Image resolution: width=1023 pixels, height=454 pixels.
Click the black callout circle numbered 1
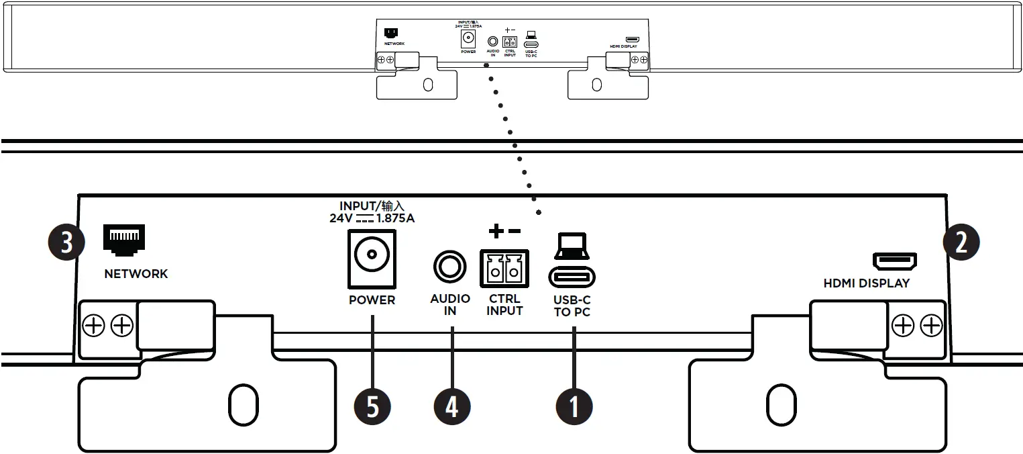(x=574, y=406)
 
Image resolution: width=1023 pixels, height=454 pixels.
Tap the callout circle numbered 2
(x=961, y=242)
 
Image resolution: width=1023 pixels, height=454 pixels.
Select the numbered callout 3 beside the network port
(x=66, y=242)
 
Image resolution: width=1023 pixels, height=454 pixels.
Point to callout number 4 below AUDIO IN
(x=451, y=406)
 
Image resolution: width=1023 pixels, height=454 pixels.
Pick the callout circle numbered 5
(x=372, y=406)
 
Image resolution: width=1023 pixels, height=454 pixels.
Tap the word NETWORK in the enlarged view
(x=136, y=274)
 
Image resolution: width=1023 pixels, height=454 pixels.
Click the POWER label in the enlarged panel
(x=372, y=300)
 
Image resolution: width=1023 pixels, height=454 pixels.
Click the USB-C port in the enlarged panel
(x=572, y=277)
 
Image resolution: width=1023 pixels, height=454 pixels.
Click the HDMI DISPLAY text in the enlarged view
(x=867, y=283)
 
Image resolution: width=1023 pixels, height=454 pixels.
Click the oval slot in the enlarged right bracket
(x=780, y=404)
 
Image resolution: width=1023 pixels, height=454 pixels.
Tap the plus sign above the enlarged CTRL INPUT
(x=495, y=232)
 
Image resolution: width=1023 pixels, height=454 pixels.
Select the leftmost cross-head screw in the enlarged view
(x=93, y=326)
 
